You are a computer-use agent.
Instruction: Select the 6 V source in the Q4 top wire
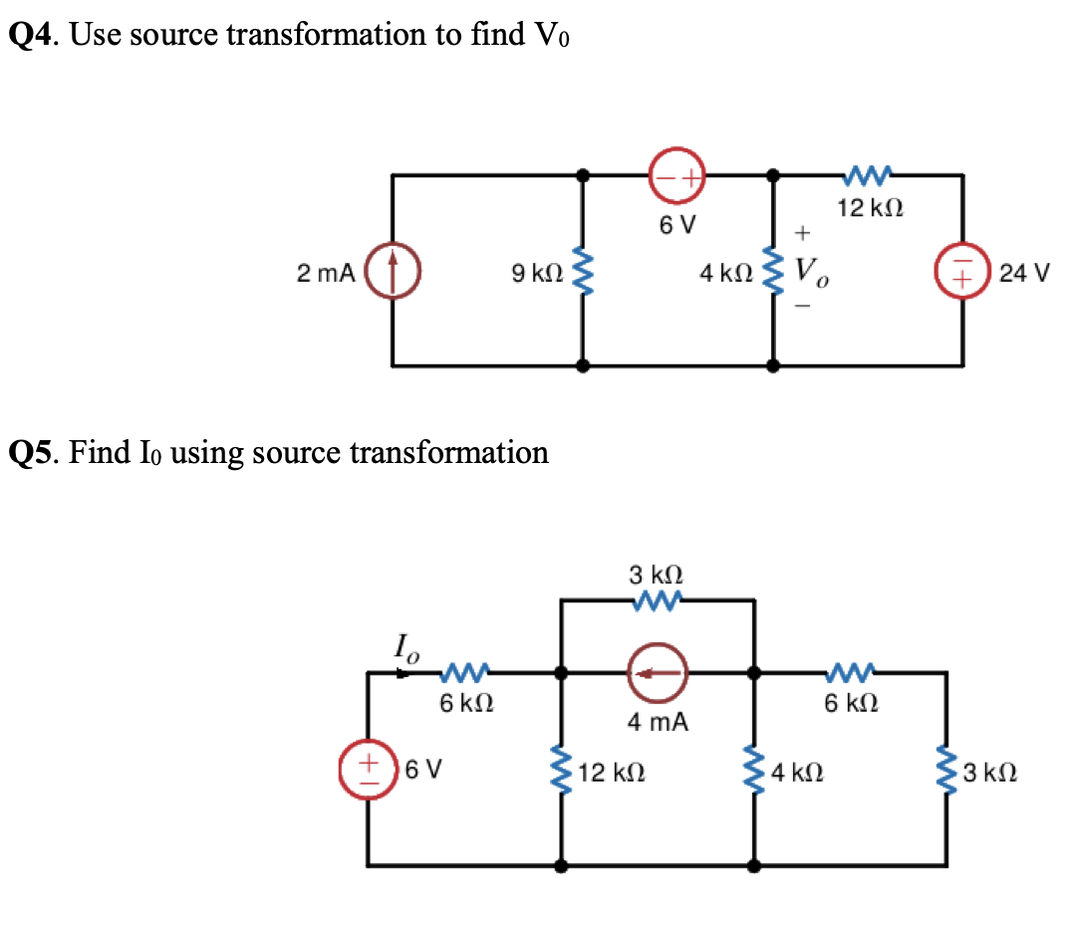tap(677, 176)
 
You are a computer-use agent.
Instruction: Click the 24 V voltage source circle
tap(962, 273)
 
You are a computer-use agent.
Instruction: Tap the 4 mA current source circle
tap(656, 674)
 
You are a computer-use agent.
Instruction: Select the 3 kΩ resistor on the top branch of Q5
tap(656, 600)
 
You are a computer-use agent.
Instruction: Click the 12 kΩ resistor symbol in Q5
tap(561, 771)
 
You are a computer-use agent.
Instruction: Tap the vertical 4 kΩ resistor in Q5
tap(753, 771)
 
